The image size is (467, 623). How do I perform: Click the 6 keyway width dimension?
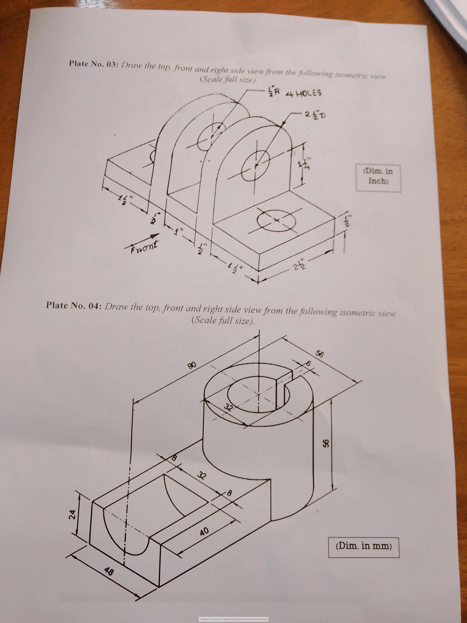(x=308, y=364)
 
